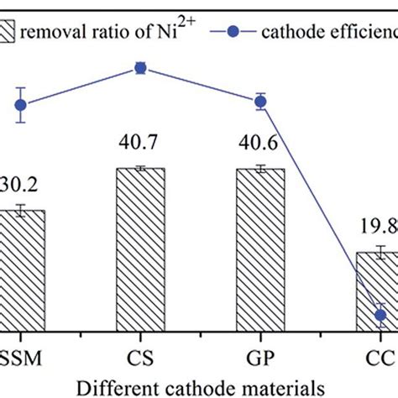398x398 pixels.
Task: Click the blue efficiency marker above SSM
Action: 21,105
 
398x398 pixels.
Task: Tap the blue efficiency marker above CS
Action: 140,69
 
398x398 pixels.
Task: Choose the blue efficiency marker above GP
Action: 260,102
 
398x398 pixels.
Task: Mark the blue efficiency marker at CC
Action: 381,315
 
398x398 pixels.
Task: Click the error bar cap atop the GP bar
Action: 260,165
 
